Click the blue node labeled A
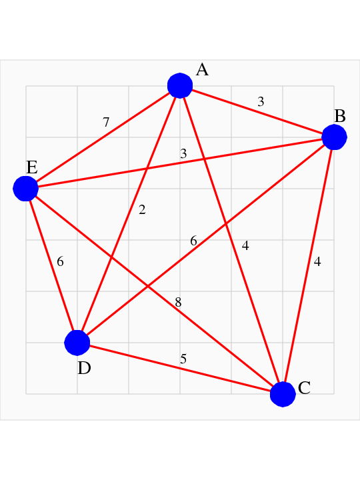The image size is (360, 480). point(180,86)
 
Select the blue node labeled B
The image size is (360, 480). point(334,137)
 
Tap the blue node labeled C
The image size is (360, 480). point(283,394)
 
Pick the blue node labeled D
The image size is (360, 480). point(77,343)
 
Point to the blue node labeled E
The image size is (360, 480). point(26,189)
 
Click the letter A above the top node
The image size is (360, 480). point(202,70)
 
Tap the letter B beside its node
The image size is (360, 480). point(340,116)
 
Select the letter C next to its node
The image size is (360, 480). point(304,388)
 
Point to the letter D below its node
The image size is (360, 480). point(84,368)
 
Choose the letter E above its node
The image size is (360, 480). point(32,168)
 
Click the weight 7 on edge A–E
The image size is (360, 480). point(106,122)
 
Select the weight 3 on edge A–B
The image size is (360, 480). point(261,101)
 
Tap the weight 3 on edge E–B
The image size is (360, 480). point(183,153)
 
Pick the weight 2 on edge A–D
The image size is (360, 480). point(142,210)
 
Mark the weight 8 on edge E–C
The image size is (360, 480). point(178,303)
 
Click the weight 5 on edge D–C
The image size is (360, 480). point(183,359)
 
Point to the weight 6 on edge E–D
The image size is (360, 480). point(60,262)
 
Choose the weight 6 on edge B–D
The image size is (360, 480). point(193,241)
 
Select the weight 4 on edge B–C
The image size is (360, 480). point(317,262)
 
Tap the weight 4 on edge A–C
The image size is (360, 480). point(245,245)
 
